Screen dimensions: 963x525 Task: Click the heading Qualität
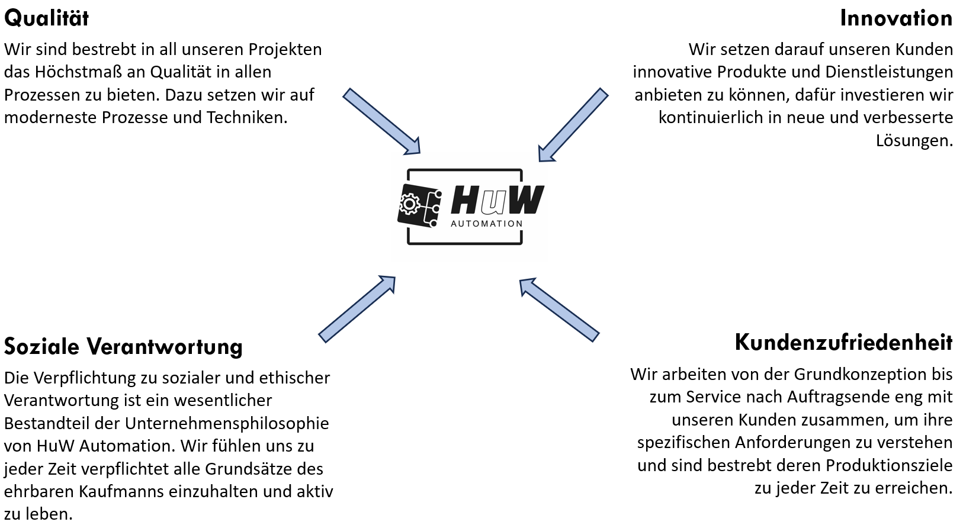(46, 18)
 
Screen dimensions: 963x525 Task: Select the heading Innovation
(896, 18)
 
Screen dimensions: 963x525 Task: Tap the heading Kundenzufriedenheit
(843, 343)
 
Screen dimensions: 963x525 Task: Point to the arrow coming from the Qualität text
(381, 121)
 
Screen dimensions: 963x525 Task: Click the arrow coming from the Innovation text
(573, 125)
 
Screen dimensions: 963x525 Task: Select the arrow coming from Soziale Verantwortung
(357, 310)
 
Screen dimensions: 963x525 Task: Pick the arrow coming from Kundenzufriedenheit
(559, 310)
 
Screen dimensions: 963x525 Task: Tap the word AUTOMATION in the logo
(487, 224)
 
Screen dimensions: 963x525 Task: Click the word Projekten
(285, 50)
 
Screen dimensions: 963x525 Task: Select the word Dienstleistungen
(889, 72)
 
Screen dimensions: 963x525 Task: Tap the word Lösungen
(914, 140)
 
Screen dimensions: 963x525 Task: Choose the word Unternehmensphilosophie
(227, 424)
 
